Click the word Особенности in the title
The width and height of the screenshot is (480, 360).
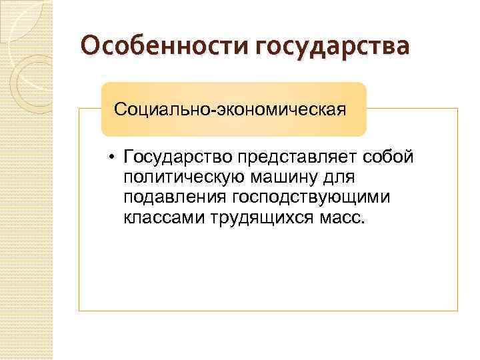164,48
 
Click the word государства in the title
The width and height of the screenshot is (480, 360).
333,48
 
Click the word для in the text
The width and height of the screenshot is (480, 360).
340,178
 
